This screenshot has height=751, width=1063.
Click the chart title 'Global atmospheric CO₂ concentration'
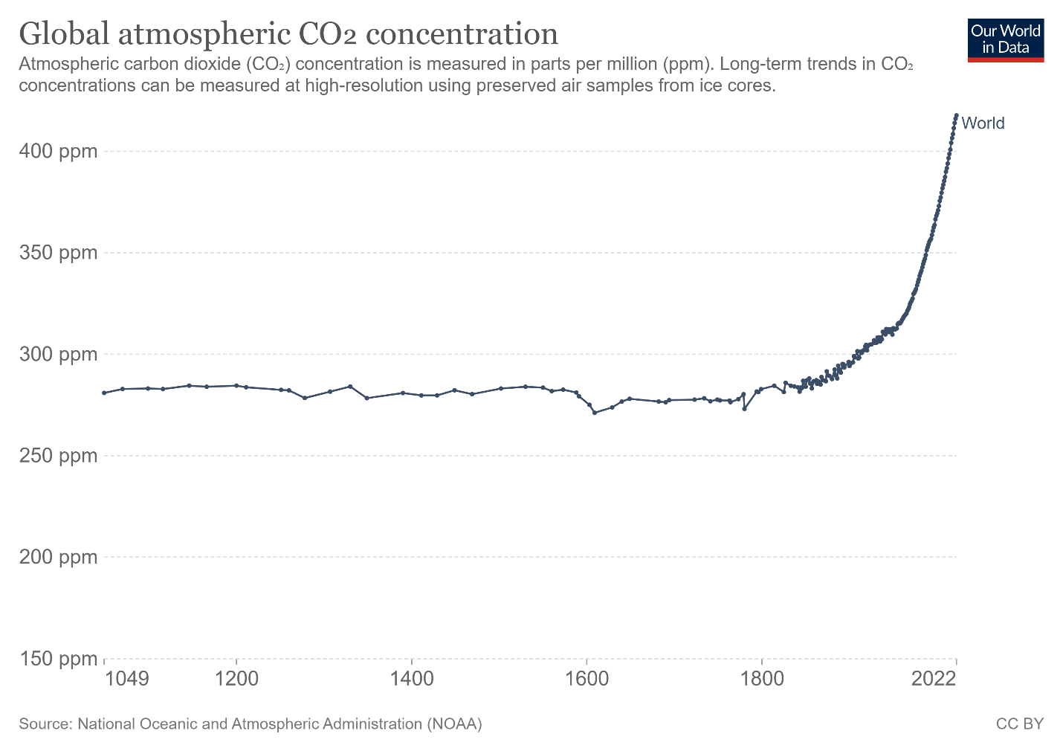point(288,34)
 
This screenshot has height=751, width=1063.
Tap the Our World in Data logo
point(1006,39)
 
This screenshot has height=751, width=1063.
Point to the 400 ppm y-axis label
point(58,152)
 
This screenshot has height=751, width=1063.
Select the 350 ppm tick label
point(58,253)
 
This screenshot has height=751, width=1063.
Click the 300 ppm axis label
point(58,354)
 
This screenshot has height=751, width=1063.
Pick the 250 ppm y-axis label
point(58,455)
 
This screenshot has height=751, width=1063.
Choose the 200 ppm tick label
point(58,557)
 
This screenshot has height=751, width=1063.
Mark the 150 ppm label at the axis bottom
point(58,659)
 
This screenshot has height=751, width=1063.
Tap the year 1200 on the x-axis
point(236,679)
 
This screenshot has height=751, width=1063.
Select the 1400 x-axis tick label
point(411,679)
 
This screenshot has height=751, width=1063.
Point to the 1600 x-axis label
point(587,679)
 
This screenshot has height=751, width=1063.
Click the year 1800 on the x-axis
point(761,679)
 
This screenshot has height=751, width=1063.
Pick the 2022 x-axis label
point(934,679)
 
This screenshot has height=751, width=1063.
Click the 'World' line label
point(983,123)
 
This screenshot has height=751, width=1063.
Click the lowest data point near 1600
point(595,412)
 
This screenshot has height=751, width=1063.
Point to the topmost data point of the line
point(956,115)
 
